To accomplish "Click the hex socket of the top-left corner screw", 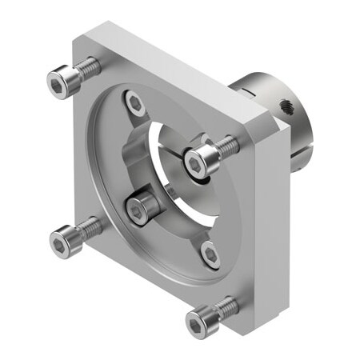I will (x=57, y=81).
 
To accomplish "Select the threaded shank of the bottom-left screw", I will (x=90, y=226).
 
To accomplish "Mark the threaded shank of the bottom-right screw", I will (x=226, y=306).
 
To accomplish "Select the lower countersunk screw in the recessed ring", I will (x=210, y=254).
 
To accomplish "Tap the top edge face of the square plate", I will (x=176, y=68).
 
